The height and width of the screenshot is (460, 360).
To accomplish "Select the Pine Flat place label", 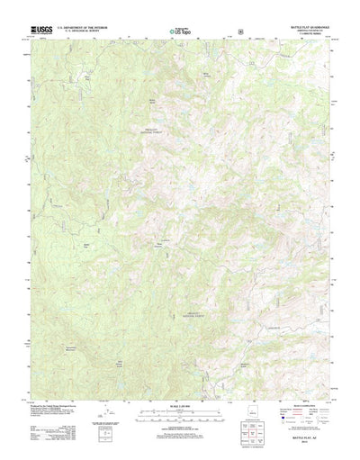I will pos(87,78).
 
